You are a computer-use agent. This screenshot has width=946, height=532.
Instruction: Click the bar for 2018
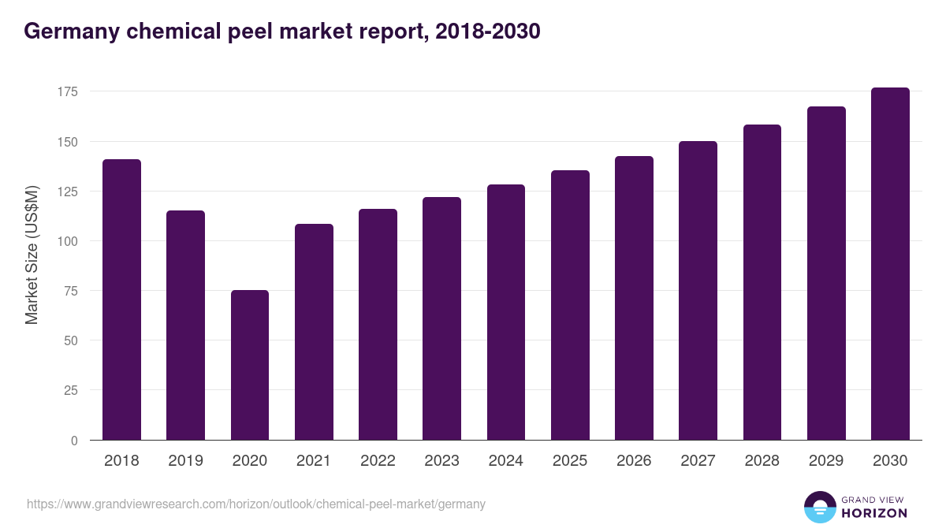click(121, 299)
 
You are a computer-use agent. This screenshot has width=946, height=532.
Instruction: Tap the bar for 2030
click(890, 264)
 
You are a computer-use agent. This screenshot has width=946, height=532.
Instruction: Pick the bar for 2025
click(570, 305)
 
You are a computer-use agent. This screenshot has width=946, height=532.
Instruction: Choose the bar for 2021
click(314, 332)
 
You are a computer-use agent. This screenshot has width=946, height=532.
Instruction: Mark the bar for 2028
click(762, 282)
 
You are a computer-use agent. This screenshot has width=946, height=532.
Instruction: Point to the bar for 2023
click(441, 318)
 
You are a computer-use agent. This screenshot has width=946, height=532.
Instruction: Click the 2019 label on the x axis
click(185, 461)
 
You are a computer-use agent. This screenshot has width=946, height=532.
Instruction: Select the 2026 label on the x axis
click(634, 461)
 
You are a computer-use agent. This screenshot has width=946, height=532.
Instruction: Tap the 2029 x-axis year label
click(826, 461)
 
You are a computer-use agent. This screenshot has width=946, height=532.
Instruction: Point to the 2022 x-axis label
click(378, 461)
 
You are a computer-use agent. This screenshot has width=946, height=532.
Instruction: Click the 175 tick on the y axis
click(67, 92)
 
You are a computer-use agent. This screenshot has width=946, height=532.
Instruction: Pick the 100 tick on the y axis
click(67, 241)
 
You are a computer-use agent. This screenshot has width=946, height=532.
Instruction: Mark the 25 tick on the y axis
click(70, 390)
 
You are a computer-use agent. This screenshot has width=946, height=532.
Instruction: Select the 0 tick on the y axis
click(73, 441)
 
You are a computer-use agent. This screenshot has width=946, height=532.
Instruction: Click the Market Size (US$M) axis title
click(32, 255)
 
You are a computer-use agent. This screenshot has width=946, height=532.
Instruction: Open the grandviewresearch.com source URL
click(256, 504)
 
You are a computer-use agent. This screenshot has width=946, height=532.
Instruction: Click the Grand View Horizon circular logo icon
click(819, 507)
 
